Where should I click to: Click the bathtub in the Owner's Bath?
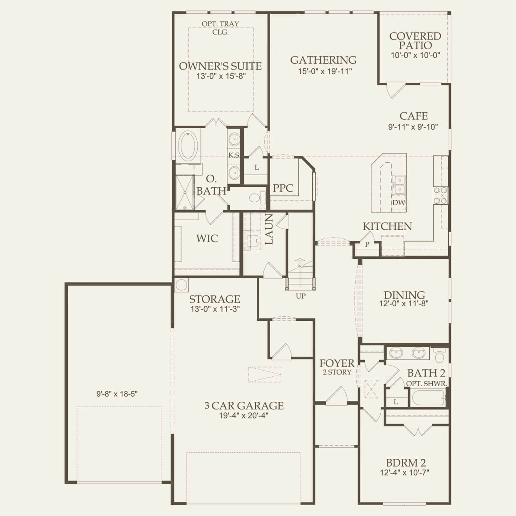point(188,146)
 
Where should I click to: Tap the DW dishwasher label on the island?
point(399,202)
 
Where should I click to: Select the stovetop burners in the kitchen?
point(440,196)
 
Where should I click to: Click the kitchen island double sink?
point(399,184)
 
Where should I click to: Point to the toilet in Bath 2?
point(439,355)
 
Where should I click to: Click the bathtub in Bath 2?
point(429,399)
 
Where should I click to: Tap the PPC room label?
point(283,188)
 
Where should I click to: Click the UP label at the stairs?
point(300,296)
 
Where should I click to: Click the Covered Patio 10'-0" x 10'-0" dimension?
point(415,55)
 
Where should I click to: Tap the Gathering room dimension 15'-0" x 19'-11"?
point(325,71)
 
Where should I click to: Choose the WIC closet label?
point(207,238)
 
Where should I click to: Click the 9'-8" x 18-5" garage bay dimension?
point(117,394)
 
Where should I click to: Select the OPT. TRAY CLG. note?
point(220,28)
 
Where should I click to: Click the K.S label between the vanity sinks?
point(233,155)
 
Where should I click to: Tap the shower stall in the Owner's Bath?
point(185,192)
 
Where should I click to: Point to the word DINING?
point(404,295)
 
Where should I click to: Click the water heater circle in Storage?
point(181,285)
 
